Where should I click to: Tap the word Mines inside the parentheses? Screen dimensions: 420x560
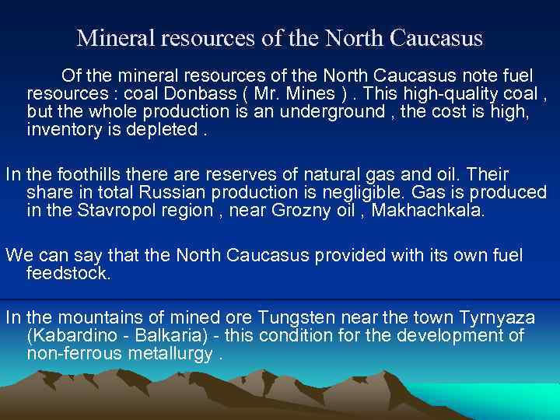click(295, 93)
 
